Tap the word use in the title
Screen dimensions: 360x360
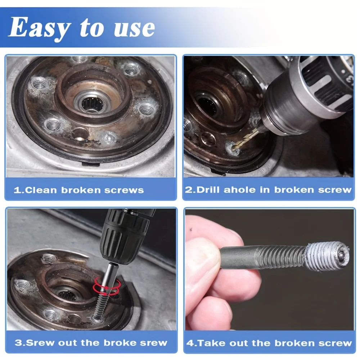click(134, 28)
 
